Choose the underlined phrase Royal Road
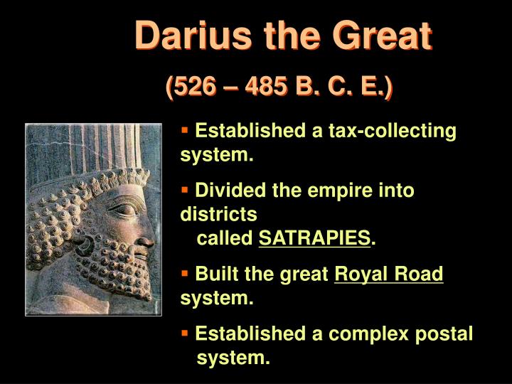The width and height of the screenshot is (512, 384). [x=388, y=274]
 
